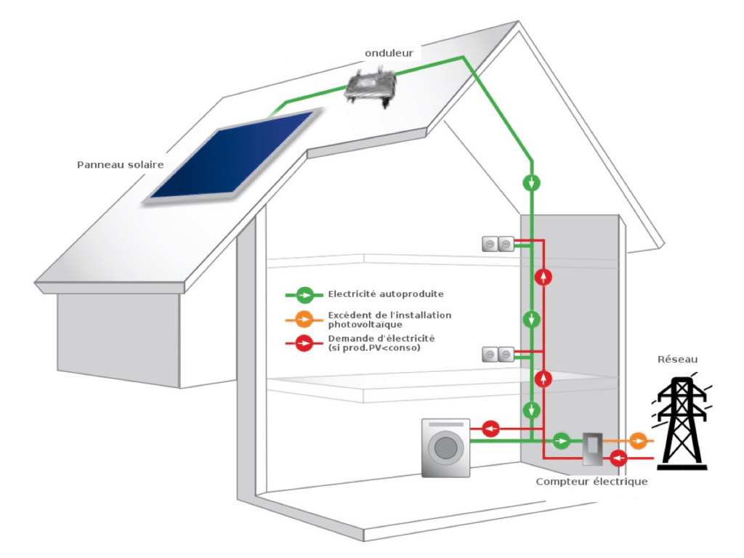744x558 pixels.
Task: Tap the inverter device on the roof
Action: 371,88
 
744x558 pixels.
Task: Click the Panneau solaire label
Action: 121,165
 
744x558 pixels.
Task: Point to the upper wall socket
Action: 498,245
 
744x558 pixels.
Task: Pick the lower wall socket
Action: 498,355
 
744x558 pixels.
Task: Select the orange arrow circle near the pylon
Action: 638,440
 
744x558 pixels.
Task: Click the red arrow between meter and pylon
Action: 619,458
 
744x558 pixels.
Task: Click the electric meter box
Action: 591,450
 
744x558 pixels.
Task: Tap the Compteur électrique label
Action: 591,482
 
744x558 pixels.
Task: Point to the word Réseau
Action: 676,359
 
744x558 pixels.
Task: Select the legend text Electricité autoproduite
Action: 386,294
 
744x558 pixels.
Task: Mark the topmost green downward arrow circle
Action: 533,182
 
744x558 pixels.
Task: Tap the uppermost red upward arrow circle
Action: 543,277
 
